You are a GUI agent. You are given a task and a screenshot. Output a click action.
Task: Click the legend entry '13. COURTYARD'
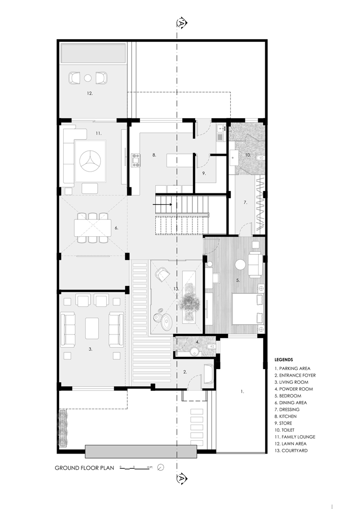pyautogui.click(x=291, y=450)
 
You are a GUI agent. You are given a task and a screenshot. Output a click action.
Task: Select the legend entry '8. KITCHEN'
pyautogui.click(x=286, y=416)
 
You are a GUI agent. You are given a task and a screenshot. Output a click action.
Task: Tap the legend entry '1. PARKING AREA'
pyautogui.click(x=292, y=369)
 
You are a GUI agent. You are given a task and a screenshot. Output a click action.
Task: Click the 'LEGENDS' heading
pyautogui.click(x=284, y=360)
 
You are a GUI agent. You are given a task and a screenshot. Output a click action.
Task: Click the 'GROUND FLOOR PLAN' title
pyautogui.click(x=85, y=468)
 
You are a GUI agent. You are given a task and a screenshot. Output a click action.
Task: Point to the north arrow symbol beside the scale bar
pyautogui.click(x=160, y=467)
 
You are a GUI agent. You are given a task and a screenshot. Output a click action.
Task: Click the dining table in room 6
pyautogui.click(x=93, y=228)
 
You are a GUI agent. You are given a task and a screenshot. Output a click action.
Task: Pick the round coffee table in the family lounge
pyautogui.click(x=91, y=161)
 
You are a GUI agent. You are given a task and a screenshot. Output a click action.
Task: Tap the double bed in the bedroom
pyautogui.click(x=247, y=308)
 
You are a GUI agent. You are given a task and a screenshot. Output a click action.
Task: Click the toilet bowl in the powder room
pyautogui.click(x=211, y=346)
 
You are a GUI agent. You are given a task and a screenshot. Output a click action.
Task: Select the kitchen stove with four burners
pyautogui.click(x=136, y=160)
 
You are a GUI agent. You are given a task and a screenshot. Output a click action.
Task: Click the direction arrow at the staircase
pyautogui.click(x=162, y=204)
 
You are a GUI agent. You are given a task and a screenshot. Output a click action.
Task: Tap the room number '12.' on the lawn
pyautogui.click(x=90, y=94)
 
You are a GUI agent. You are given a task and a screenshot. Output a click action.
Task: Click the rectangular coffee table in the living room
pyautogui.click(x=92, y=328)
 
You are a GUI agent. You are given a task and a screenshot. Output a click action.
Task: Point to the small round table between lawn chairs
pyautogui.click(x=88, y=78)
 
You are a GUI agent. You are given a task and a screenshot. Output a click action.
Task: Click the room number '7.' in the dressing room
pyautogui.click(x=245, y=202)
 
